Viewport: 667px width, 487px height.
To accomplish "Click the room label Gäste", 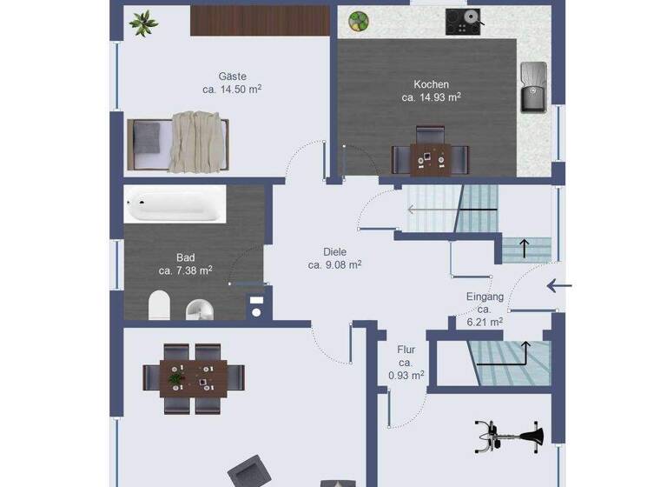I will pos(232,77).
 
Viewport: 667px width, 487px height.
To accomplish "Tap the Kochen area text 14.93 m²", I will pos(431,97).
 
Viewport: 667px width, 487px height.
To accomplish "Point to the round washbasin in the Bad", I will pos(201,308).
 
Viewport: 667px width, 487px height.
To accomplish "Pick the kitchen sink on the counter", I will pos(532,87).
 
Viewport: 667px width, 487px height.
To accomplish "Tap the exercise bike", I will pos(510,433).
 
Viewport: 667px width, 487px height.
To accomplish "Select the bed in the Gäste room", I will pos(178,141).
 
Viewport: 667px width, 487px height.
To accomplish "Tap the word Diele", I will pos(334,252).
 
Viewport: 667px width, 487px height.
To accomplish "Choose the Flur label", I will pos(406,350).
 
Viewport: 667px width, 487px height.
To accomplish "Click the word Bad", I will pos(186,257).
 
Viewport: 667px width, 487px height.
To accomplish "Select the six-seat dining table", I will pos(194,377).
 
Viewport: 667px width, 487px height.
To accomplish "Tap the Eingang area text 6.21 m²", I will pos(485,321).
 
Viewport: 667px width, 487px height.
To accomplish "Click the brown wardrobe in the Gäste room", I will pos(260,21).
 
